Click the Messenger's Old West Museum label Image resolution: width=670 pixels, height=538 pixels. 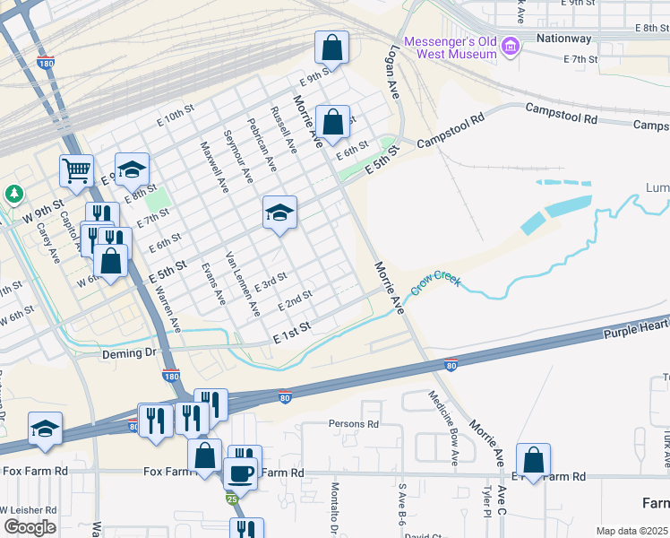[451, 48]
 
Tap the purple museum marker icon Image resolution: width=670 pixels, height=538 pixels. [511, 46]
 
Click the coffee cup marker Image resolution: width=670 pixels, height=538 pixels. [239, 472]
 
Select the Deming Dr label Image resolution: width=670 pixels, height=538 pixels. [129, 353]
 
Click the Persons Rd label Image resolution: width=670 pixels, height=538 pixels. [354, 424]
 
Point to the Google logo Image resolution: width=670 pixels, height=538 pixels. [30, 527]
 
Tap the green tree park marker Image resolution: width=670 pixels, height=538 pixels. [14, 194]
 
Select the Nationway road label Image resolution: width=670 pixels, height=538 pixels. [563, 39]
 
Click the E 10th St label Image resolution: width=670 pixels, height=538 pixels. [175, 114]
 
